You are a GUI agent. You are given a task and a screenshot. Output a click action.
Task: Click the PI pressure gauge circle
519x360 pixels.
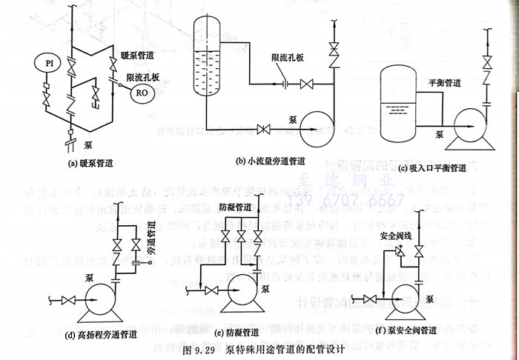coord(45,61)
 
